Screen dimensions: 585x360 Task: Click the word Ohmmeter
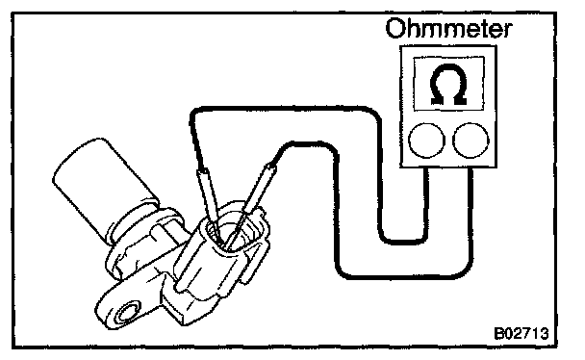click(x=448, y=29)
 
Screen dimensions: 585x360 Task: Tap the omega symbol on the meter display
click(x=448, y=85)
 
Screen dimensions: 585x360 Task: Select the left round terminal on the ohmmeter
click(x=426, y=141)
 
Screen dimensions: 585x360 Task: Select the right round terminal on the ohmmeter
click(x=471, y=141)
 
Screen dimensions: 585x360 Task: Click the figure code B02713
click(x=521, y=333)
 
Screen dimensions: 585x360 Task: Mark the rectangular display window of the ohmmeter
click(x=448, y=84)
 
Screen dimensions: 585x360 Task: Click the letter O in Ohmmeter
click(x=395, y=29)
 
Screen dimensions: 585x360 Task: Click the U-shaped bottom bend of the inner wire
click(x=403, y=241)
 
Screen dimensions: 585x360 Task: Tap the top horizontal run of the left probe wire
click(x=286, y=109)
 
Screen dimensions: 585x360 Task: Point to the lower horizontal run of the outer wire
click(x=404, y=276)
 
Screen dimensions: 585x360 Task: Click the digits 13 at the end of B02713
click(x=541, y=333)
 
